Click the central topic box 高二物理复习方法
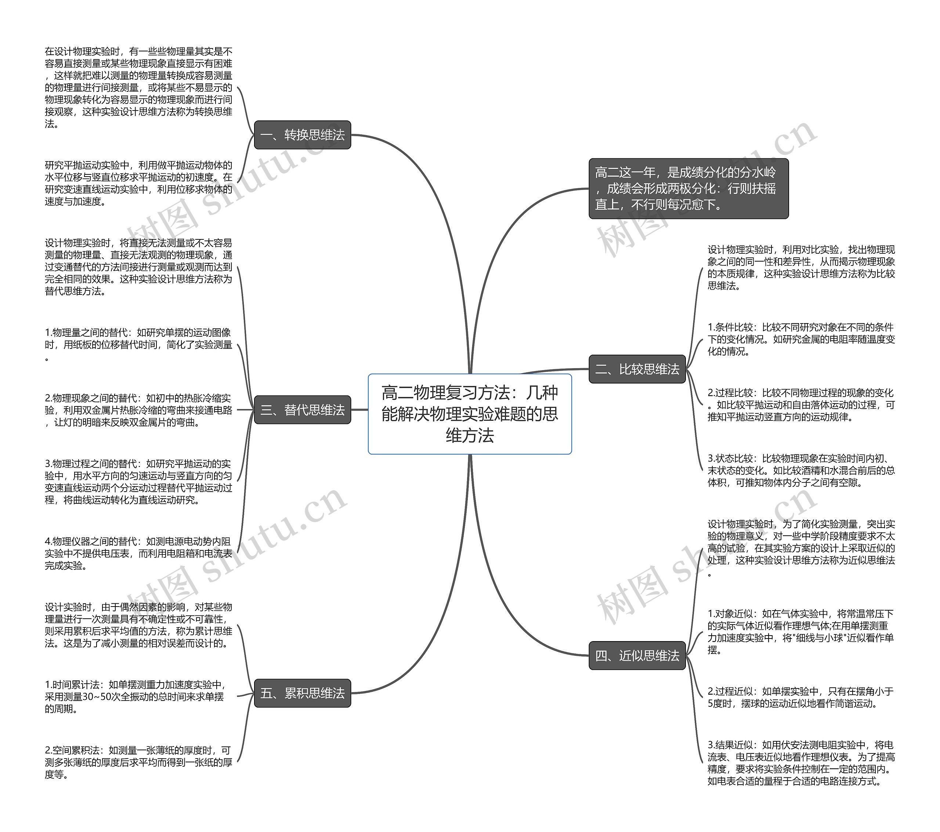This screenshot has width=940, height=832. click(470, 413)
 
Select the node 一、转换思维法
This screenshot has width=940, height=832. click(302, 135)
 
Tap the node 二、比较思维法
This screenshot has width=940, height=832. click(637, 369)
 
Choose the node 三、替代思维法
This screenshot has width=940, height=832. click(302, 409)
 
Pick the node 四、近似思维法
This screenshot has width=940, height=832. click(637, 655)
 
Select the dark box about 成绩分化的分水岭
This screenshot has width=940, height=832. click(688, 189)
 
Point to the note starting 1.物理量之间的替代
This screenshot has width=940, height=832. click(138, 344)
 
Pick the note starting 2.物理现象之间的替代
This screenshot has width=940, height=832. click(138, 410)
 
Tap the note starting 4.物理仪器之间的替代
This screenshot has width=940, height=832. click(138, 553)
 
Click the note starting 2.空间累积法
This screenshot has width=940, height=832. click(138, 762)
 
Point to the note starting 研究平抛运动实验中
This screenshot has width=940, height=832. click(138, 183)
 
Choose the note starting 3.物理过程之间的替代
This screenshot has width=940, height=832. click(138, 481)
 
